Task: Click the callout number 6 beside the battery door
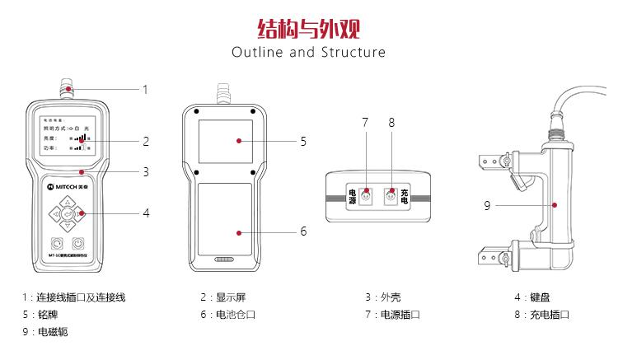click(303, 231)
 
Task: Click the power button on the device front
click(78, 244)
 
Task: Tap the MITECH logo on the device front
click(62, 187)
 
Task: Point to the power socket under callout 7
click(365, 196)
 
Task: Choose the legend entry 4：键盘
click(533, 297)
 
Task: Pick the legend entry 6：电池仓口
click(227, 315)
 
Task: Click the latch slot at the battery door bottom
click(225, 259)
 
